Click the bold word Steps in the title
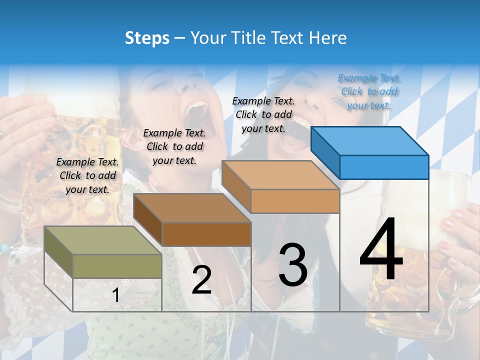pyautogui.click(x=147, y=38)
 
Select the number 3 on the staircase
pyautogui.click(x=292, y=264)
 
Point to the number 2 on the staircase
pyautogui.click(x=201, y=280)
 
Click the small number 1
pyautogui.click(x=115, y=295)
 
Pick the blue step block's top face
pyautogui.click(x=369, y=140)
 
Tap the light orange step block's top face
pyautogui.click(x=280, y=175)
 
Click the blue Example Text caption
pyautogui.click(x=369, y=91)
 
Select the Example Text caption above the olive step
pyautogui.click(x=87, y=175)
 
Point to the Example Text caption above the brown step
pyautogui.click(x=174, y=146)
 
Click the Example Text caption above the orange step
pyautogui.click(x=263, y=114)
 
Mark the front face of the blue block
pyautogui.click(x=384, y=167)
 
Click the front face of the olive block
pyautogui.click(x=117, y=266)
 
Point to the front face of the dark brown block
pyautogui.click(x=206, y=234)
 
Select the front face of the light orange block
pyautogui.click(x=295, y=201)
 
